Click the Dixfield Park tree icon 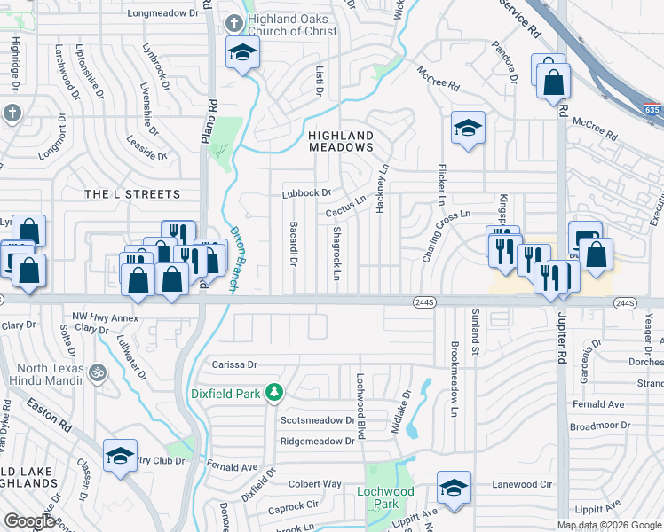pyautogui.click(x=275, y=392)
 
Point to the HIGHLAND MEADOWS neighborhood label pyautogui.click(x=341, y=141)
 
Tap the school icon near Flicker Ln pyautogui.click(x=468, y=129)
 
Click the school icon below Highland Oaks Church pyautogui.click(x=241, y=52)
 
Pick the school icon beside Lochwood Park pyautogui.click(x=454, y=488)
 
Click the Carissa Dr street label pyautogui.click(x=233, y=364)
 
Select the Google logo pyautogui.click(x=29, y=521)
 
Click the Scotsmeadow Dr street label pyautogui.click(x=317, y=420)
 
